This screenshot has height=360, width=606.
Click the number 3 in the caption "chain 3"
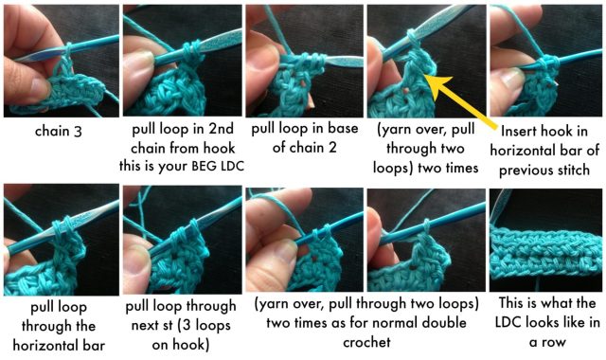(78, 132)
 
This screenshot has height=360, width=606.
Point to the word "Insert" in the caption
(519, 132)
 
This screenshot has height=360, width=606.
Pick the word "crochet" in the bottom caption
(366, 342)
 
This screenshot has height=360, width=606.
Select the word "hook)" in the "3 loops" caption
(191, 345)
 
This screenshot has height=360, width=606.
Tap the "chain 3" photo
(62, 61)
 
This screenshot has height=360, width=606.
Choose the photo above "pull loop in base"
(305, 61)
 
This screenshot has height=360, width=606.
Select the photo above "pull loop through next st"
(183, 240)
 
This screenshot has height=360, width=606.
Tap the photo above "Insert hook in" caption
(545, 61)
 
